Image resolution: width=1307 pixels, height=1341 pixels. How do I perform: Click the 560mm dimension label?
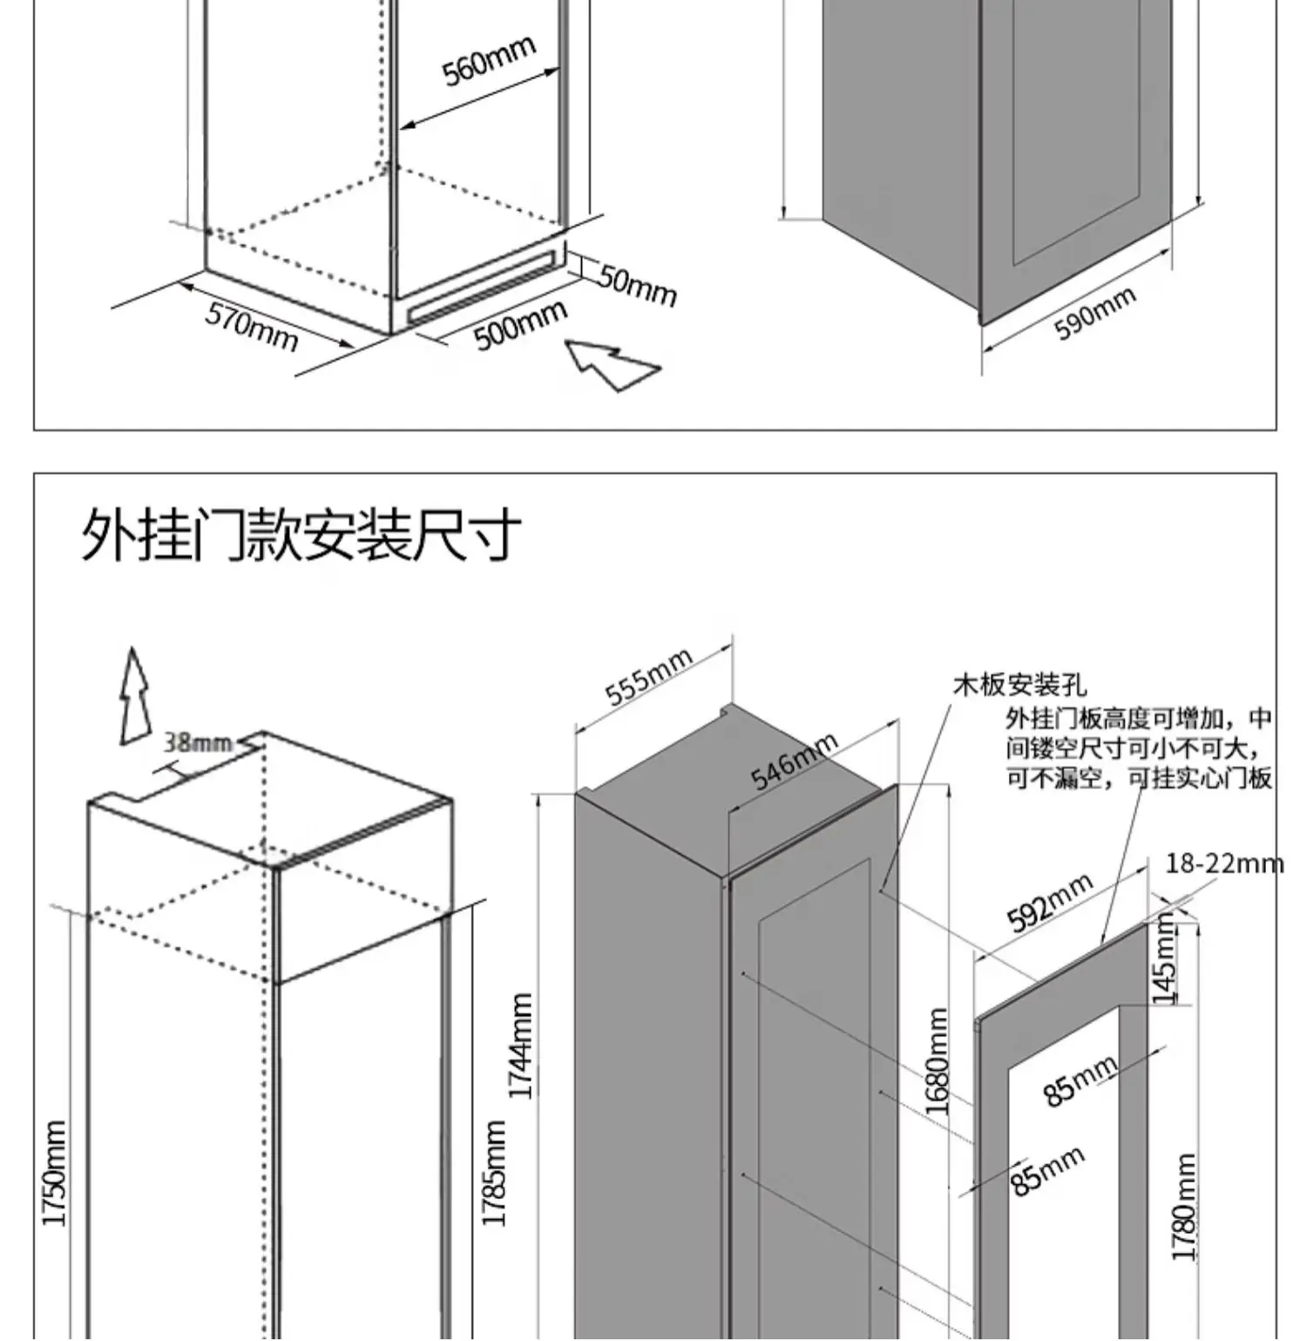click(488, 61)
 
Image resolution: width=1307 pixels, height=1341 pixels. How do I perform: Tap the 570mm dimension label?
click(252, 326)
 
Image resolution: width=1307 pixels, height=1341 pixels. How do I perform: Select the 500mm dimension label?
click(521, 325)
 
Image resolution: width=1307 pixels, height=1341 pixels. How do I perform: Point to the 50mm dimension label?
click(637, 284)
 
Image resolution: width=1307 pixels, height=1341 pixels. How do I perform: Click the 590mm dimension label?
click(1094, 313)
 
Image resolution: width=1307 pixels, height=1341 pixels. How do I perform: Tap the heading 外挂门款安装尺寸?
click(301, 534)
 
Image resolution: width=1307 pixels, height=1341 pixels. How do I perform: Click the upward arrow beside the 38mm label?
click(134, 696)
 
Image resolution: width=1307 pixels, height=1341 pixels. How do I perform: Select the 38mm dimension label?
click(199, 742)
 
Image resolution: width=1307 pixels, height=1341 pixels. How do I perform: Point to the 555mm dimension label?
click(648, 676)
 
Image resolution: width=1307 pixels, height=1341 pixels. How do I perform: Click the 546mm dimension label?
click(794, 761)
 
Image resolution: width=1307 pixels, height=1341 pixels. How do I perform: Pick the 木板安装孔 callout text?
click(1019, 685)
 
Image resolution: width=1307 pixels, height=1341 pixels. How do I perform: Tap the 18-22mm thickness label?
click(1223, 864)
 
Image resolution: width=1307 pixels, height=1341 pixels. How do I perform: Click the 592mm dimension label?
click(1049, 902)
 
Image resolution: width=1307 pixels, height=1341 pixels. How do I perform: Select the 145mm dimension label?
click(1165, 963)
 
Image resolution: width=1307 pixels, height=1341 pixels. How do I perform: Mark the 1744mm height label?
click(521, 1046)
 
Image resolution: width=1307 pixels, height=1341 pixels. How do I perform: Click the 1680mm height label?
click(937, 1060)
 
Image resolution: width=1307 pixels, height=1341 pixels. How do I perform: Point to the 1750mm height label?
click(54, 1173)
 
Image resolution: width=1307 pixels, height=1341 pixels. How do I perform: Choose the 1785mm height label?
click(494, 1173)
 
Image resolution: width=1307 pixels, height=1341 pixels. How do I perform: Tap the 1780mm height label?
click(1183, 1207)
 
